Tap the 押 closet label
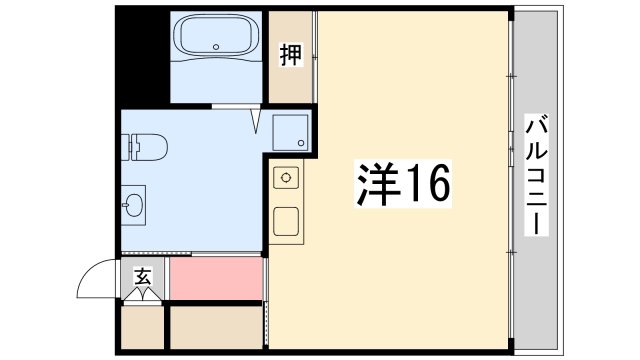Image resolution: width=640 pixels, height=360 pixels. click(290, 56)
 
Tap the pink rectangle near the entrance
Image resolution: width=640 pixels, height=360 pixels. click(216, 278)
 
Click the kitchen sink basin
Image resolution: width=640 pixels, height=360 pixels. click(287, 220)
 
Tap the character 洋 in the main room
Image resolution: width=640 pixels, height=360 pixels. click(372, 183)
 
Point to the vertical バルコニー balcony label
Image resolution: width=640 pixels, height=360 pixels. click(536, 175)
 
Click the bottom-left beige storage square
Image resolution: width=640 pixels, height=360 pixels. click(141, 327)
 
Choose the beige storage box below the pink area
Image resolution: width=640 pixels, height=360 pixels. click(216, 327)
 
